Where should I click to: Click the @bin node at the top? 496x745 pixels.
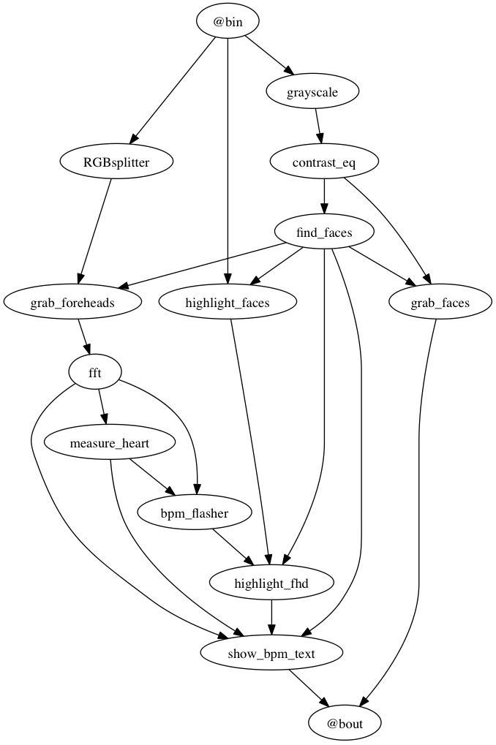pos(228,21)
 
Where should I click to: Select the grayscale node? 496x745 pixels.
pos(312,91)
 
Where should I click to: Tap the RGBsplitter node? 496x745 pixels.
pos(116,162)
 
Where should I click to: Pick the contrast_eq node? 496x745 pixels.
pos(324,162)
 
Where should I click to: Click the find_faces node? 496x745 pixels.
pos(324,232)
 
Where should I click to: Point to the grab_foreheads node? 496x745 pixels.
pos(72,302)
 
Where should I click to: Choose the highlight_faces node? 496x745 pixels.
pos(228,302)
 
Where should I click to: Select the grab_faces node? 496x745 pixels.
pos(440,302)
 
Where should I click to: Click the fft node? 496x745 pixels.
pos(95,372)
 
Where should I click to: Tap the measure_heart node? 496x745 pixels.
pos(110,442)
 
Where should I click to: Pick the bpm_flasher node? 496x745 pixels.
pos(194,513)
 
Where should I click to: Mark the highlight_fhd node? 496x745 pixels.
pos(271,583)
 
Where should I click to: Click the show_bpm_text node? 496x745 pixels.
pos(271,653)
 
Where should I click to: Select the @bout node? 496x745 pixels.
pos(345,723)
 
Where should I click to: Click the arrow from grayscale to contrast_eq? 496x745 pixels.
pos(319,126)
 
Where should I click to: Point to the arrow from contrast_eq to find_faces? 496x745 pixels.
pos(324,197)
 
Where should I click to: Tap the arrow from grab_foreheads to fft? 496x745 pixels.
pos(84,337)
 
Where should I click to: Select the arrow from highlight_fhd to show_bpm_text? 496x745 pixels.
pos(271,618)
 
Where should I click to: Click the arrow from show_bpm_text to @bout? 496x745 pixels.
pos(309,689)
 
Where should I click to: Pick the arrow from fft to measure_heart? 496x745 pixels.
pos(102,407)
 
